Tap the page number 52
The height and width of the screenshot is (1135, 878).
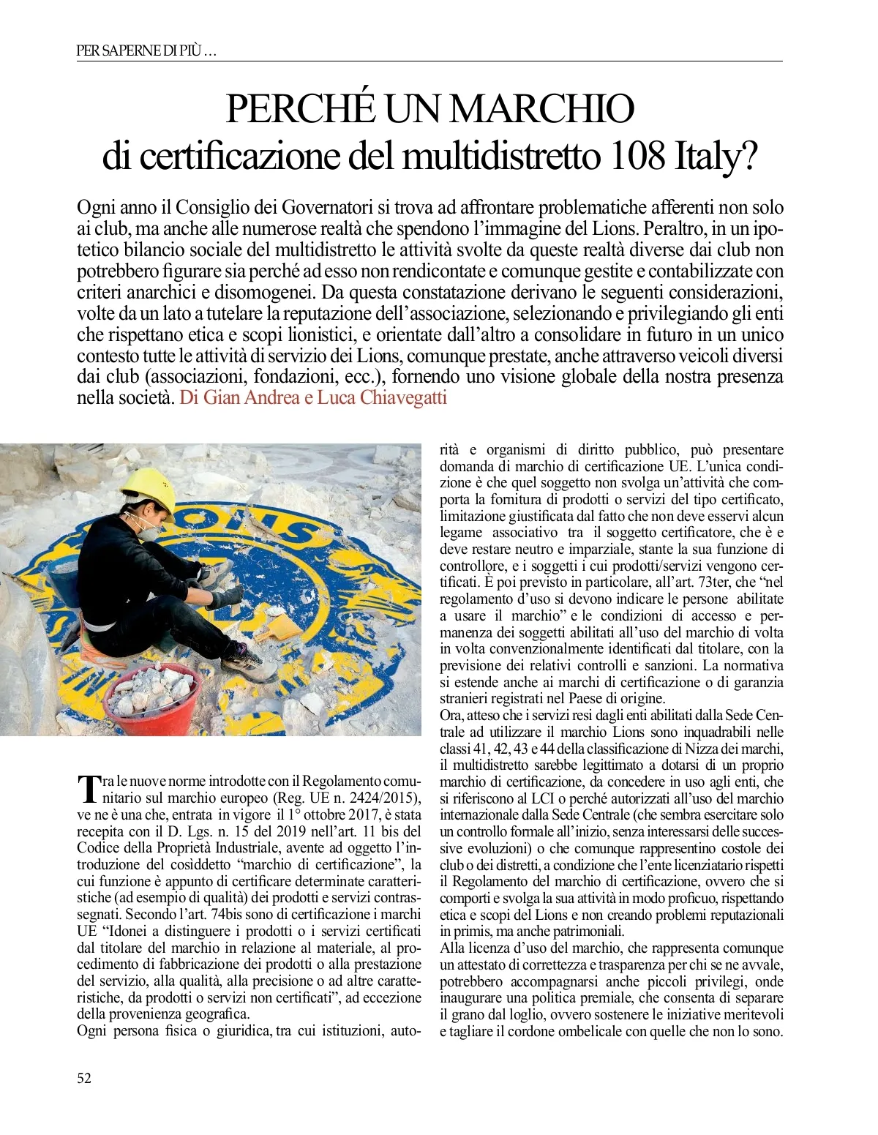click(84, 1077)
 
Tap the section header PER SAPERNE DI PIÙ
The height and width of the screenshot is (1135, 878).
click(146, 51)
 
